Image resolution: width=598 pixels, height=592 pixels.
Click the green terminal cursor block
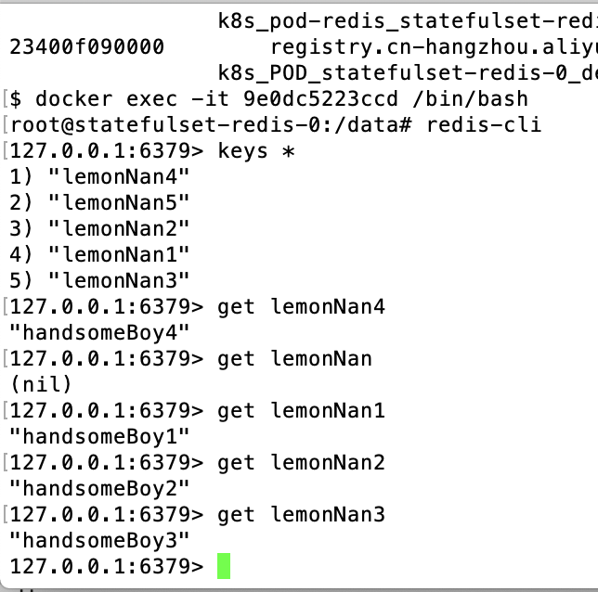click(x=223, y=565)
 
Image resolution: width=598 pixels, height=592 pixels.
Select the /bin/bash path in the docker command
click(x=475, y=98)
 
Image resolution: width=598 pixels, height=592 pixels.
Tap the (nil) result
click(x=40, y=384)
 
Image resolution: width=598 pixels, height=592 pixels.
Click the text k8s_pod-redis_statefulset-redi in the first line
click(x=407, y=20)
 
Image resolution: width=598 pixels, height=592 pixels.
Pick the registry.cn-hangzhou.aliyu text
click(x=433, y=46)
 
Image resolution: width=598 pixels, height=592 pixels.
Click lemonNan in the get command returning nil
click(x=321, y=358)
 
